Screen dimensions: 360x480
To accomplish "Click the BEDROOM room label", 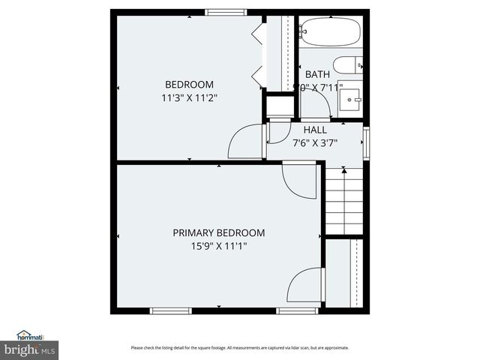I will pos(189,85).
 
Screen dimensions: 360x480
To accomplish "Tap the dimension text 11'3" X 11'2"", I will pos(189,97).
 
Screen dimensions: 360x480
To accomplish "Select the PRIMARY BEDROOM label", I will pos(218,232).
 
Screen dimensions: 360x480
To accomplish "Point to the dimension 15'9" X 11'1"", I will pos(218,245).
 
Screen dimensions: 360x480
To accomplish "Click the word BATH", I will pos(317,75).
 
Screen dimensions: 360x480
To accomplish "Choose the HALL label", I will pos(315,130).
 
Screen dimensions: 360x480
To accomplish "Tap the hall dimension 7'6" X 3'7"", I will pos(315,142).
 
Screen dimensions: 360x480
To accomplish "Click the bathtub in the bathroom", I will pos(330,33).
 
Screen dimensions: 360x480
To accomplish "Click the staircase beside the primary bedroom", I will pos(343,201).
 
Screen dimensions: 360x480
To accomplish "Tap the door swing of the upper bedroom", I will pos(245,142).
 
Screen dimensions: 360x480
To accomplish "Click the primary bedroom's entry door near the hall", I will pos(299,180).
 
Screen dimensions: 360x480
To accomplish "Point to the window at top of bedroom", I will pos(226,12).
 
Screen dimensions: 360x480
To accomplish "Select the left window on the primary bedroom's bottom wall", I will pos(165,310).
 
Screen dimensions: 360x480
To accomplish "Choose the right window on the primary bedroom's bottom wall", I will pos(297,310).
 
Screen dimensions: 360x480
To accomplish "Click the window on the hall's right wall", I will pos(366,142).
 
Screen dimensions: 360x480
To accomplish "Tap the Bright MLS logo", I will pos(30,344).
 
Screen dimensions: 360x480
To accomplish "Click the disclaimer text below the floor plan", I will pos(240,348).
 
